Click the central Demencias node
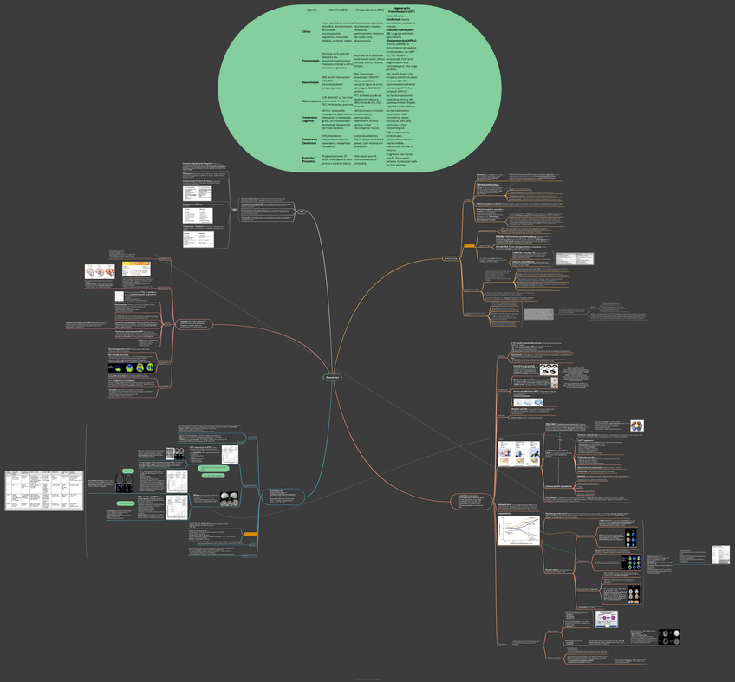coord(333,378)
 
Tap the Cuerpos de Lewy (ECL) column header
coord(370,10)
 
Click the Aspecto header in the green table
coord(312,10)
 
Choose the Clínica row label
coord(306,30)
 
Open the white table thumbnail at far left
coord(31,490)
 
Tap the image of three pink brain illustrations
coord(101,271)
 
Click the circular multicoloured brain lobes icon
coord(636,426)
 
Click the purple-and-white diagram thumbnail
coord(606,620)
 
